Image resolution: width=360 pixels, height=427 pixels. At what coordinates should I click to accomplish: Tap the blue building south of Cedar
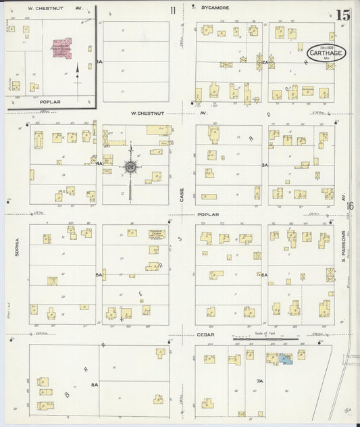point(286,360)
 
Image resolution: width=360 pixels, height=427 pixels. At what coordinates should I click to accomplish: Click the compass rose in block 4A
point(130,166)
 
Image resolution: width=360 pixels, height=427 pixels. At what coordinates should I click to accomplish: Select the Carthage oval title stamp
point(322,53)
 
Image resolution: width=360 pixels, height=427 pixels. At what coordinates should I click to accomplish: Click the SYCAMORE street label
point(215,8)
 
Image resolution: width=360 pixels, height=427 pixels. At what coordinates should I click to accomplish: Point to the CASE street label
point(182,194)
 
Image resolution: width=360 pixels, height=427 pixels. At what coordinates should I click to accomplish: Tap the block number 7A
point(259,382)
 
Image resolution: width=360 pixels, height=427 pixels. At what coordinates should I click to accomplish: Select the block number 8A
point(95,384)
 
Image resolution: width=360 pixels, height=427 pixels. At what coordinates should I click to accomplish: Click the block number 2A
point(265,62)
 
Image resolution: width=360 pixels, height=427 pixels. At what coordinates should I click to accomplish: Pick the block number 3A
point(265,164)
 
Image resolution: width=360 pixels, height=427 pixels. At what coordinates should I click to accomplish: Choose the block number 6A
point(265,275)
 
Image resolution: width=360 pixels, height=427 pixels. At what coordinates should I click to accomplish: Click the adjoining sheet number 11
point(173,9)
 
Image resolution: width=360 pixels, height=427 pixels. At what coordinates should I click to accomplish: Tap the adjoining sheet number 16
point(350,206)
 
